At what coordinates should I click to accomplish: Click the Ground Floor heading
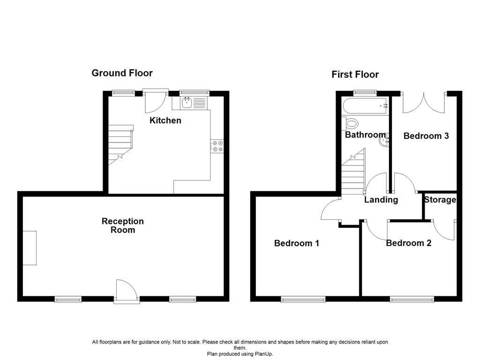[122, 73]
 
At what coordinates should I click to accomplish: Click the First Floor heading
[355, 74]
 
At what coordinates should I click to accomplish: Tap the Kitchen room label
[165, 120]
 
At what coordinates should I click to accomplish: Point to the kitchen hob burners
[217, 146]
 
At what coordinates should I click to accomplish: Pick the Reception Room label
[123, 225]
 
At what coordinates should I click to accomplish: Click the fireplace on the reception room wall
[30, 247]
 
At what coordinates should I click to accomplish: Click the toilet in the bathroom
[352, 124]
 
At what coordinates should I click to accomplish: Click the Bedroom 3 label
[426, 136]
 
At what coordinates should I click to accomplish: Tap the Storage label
[440, 200]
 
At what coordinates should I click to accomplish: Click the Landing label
[381, 200]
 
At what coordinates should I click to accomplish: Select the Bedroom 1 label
[297, 243]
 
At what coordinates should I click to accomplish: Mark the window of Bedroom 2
[412, 299]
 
